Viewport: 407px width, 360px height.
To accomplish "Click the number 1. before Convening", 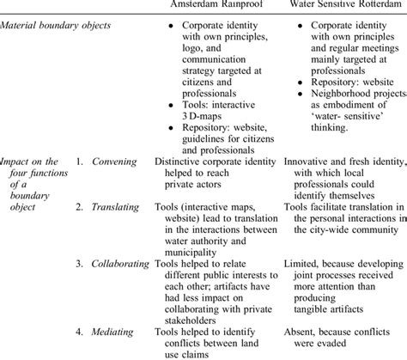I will coord(81,160).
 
